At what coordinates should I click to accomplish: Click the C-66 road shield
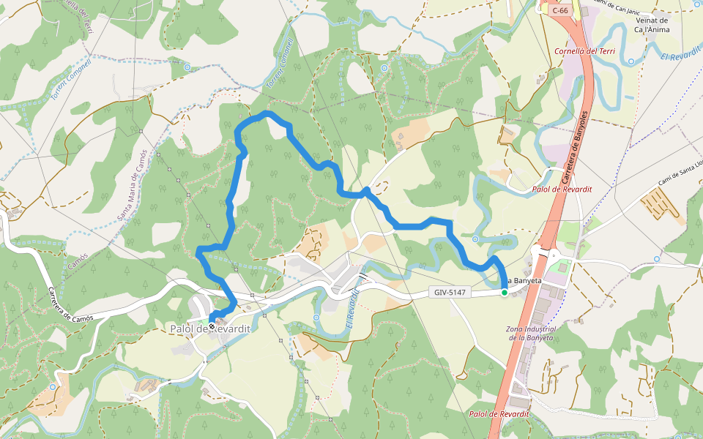560,10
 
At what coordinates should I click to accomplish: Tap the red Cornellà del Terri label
585,51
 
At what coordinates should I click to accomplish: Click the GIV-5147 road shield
450,293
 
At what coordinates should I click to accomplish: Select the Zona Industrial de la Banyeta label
532,333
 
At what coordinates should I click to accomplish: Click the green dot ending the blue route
504,293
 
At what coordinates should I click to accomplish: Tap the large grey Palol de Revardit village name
210,329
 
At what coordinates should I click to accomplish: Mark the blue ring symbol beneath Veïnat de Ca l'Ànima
631,61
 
